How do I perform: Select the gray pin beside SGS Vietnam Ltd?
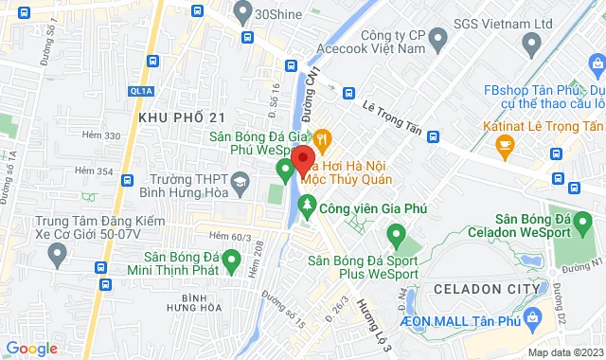coord(437,39)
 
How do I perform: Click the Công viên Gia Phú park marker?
coord(307,205)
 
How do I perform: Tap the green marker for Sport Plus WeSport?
coord(398,233)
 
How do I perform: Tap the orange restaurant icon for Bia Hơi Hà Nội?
coord(323,138)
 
